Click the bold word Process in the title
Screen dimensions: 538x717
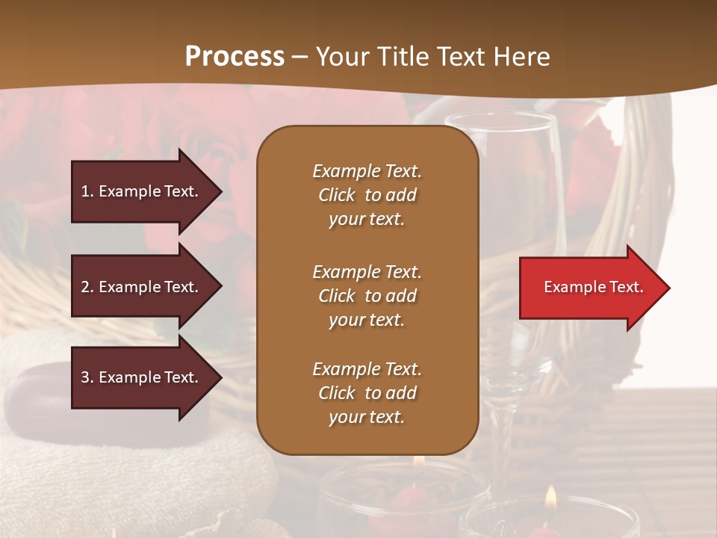(235, 57)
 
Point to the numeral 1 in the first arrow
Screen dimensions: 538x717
(85, 191)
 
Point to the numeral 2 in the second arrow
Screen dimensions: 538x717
(85, 287)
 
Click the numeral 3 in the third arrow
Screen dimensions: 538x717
(85, 377)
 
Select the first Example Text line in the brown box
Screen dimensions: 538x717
(367, 171)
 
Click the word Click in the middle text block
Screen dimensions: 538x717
(336, 296)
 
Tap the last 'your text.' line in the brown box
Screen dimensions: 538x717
(367, 418)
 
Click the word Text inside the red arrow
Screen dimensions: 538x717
(626, 288)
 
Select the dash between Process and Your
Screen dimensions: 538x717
(299, 58)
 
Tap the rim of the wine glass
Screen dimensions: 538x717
(500, 118)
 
